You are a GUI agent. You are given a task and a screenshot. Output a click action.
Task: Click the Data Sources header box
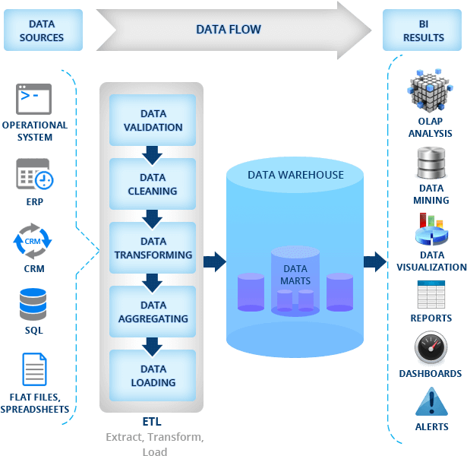point(42,30)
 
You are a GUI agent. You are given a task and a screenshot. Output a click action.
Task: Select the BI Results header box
point(423,30)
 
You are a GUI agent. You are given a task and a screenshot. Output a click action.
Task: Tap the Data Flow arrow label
point(228,30)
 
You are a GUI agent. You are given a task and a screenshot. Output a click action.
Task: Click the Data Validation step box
point(153,120)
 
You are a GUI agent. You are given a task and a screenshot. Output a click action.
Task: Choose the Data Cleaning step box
point(153,184)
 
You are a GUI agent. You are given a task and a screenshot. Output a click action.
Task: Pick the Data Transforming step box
point(153,248)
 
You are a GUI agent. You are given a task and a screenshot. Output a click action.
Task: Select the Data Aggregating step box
point(153,312)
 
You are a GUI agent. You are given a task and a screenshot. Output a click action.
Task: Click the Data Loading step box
point(153,375)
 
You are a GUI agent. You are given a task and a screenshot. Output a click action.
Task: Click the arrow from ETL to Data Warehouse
point(215,262)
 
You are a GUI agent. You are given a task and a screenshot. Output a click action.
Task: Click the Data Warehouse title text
point(295,175)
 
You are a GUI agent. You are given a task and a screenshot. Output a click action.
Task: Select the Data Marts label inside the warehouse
point(295,274)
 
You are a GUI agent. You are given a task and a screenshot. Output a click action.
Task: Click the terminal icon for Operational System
point(34,99)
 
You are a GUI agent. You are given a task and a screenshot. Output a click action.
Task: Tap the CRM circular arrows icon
point(33,240)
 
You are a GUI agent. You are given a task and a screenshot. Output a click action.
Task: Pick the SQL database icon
point(33,304)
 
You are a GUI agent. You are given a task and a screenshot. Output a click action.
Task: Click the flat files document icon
point(34,370)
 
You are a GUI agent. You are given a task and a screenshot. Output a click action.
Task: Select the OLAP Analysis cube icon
point(430,90)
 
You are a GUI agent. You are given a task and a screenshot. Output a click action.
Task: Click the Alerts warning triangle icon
point(431,401)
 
